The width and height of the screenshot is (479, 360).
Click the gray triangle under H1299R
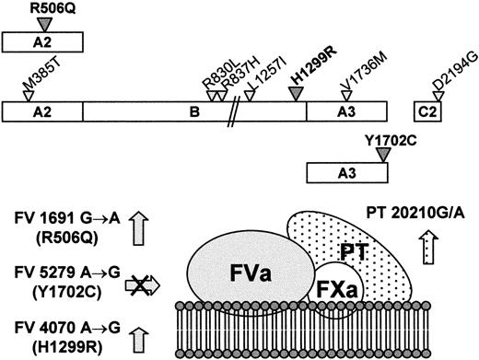296,96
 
